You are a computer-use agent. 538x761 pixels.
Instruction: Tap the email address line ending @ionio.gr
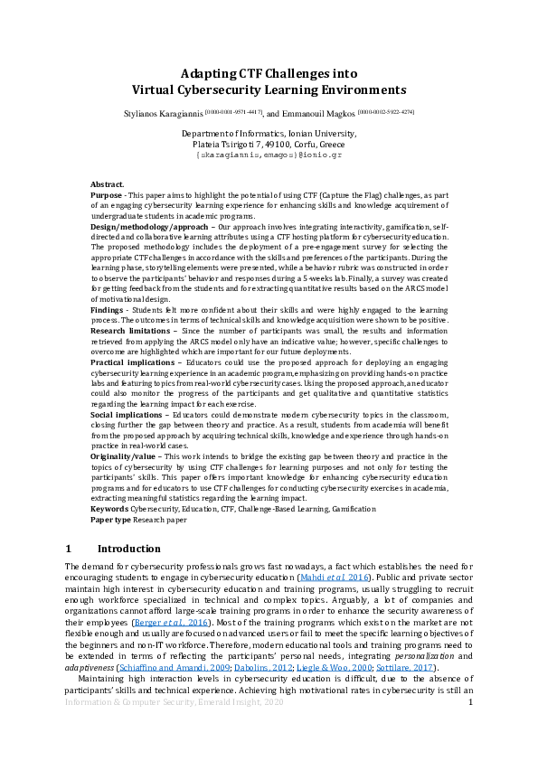click(x=269, y=155)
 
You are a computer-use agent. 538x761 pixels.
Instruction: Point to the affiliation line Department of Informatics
click(x=269, y=134)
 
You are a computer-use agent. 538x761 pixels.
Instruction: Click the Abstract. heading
click(x=108, y=183)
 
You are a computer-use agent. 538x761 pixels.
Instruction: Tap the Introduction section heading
click(x=128, y=549)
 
